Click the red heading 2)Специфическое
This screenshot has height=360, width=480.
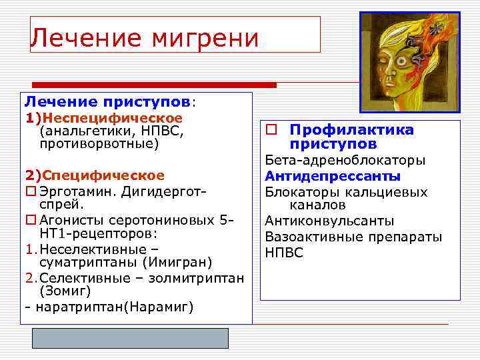point(95,175)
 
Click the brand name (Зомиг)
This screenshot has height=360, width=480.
point(65,291)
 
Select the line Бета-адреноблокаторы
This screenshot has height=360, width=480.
point(345,161)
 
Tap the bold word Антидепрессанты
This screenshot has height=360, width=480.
point(333,177)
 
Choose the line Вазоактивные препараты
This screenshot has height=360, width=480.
point(353,237)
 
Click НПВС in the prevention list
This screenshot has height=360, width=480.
point(284,253)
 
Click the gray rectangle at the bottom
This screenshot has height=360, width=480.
point(131,338)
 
